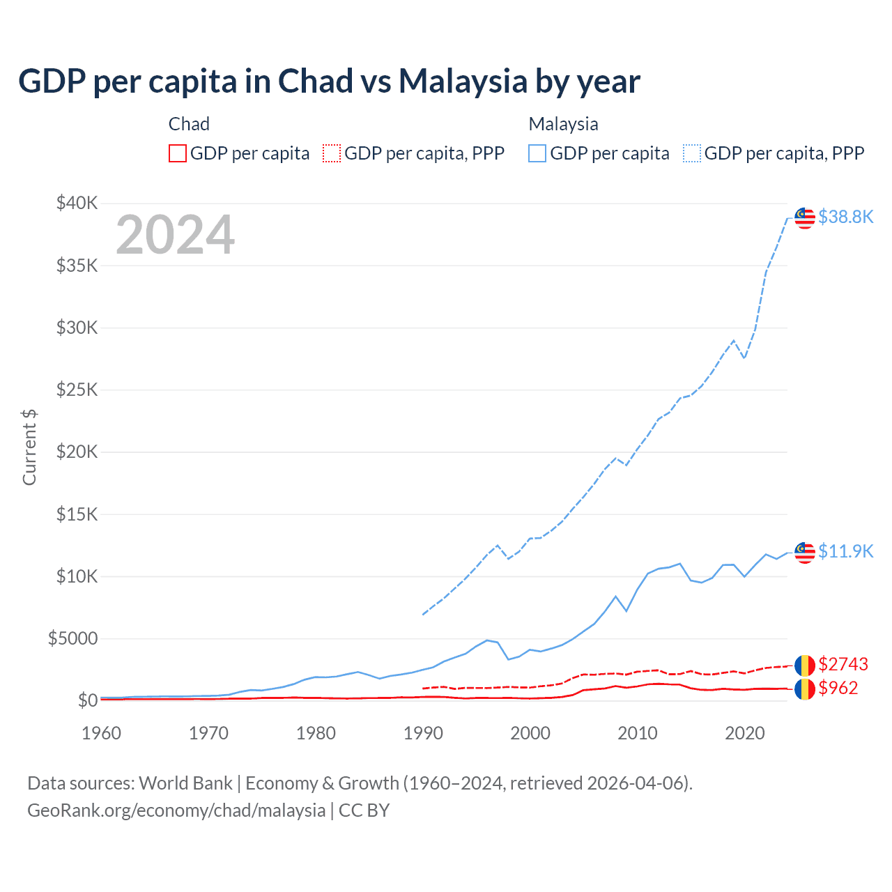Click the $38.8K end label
point(845,217)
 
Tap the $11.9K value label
point(845,551)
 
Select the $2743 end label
point(843,663)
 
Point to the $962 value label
point(838,688)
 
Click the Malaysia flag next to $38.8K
point(805,218)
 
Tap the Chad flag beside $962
point(805,689)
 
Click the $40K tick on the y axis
point(77,203)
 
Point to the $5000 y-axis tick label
point(72,638)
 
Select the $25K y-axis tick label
point(77,390)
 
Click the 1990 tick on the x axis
point(423,733)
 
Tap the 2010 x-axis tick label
point(638,733)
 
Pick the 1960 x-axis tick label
point(102,733)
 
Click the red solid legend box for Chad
point(178,153)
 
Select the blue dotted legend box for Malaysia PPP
point(692,153)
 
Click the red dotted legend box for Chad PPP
point(332,153)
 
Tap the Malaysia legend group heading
point(563,124)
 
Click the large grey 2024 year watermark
point(175,236)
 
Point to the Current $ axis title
point(29,447)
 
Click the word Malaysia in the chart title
point(463,82)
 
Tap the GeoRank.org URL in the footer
point(176,810)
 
